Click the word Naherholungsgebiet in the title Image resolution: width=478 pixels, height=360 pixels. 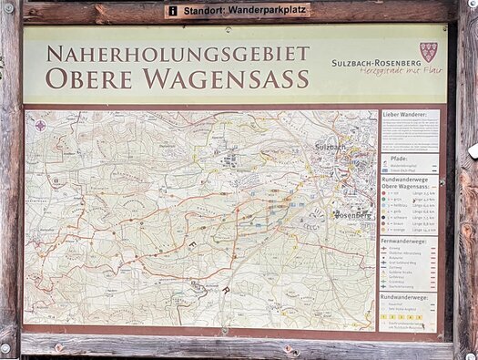178,53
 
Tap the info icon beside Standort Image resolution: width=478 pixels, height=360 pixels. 173,11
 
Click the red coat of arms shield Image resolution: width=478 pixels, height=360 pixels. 427,51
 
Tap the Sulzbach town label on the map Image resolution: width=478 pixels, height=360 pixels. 330,146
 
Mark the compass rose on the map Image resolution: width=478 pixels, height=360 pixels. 40,126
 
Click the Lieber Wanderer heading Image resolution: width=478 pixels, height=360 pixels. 402,115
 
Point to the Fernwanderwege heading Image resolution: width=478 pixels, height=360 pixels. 406,242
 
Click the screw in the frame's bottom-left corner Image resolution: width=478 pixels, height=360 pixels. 6,347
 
